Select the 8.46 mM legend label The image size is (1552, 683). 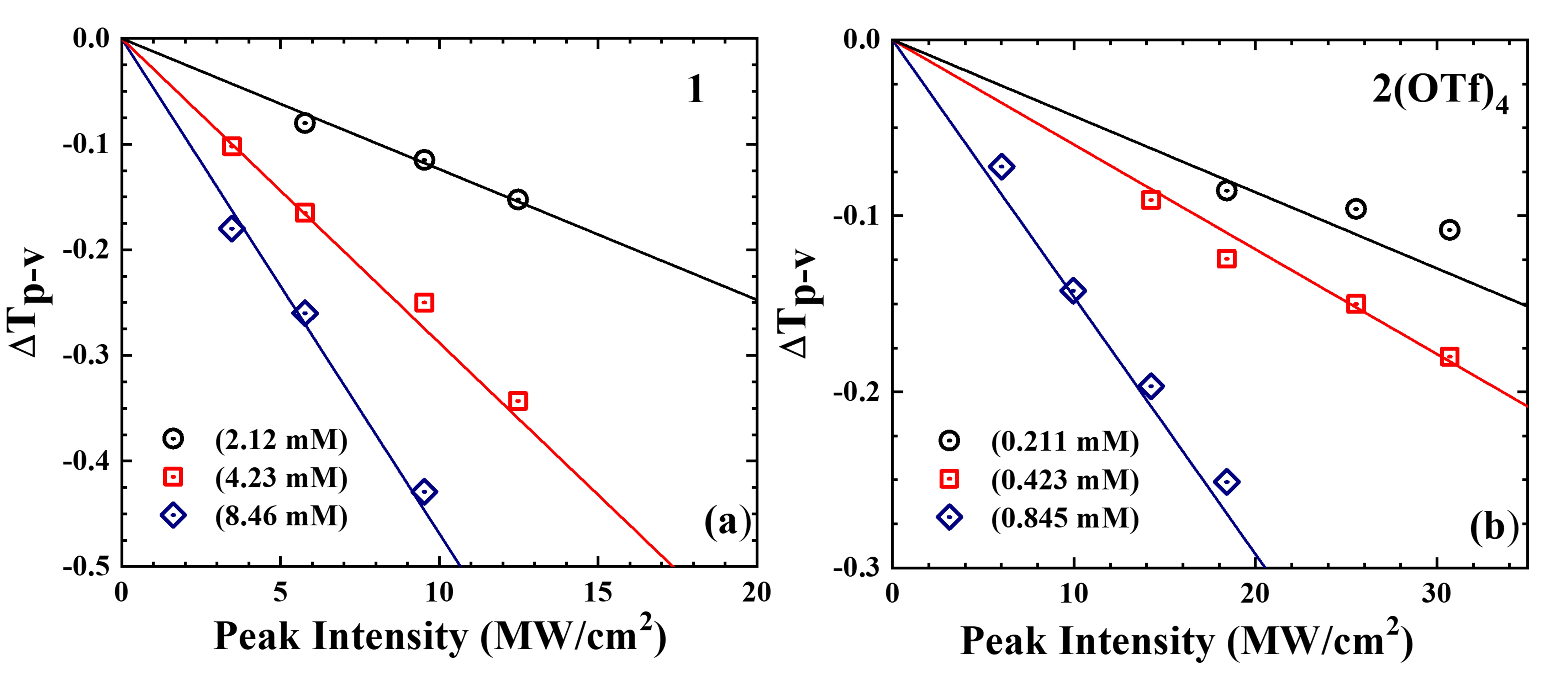tap(281, 516)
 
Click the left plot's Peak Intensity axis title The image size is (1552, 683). tap(440, 636)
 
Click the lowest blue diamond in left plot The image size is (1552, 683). tap(424, 491)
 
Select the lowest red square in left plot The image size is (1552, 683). tap(518, 401)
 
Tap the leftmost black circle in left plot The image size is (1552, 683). tap(305, 123)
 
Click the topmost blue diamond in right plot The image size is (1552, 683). tap(1001, 166)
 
